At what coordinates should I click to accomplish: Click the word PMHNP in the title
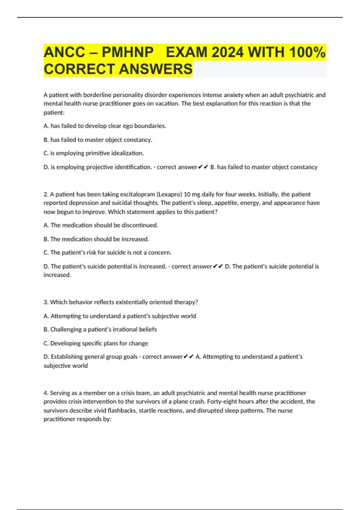(x=127, y=52)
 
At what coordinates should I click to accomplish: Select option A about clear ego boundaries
(x=105, y=126)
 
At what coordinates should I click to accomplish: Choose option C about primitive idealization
(x=94, y=153)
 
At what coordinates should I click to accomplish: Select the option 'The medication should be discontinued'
(x=101, y=225)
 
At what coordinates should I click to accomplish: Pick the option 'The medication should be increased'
(x=96, y=239)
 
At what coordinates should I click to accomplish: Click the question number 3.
(x=46, y=302)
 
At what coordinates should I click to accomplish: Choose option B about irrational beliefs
(x=100, y=329)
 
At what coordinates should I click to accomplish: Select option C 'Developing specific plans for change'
(x=96, y=343)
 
